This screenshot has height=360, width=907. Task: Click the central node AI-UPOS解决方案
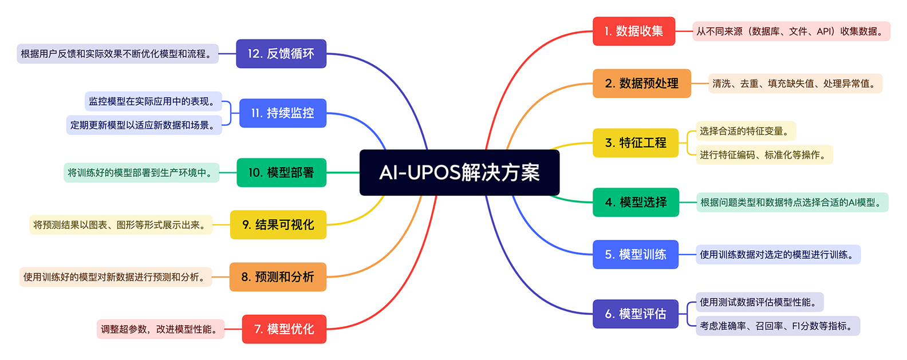point(459,172)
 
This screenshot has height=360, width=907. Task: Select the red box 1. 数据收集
point(634,31)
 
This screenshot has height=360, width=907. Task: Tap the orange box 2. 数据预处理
point(641,84)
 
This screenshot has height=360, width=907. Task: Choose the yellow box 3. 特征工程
point(636,143)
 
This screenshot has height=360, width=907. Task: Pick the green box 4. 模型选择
point(636,202)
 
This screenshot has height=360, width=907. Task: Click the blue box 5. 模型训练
point(636,254)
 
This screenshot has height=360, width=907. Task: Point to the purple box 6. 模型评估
point(636,314)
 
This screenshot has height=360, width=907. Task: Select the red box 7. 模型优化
point(284,329)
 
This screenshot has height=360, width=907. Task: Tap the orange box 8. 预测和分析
point(278,277)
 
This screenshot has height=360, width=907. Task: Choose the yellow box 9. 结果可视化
point(278,224)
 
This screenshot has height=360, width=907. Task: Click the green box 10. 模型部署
point(281,172)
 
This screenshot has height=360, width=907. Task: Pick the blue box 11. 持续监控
point(282,113)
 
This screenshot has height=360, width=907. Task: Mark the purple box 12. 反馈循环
point(281,54)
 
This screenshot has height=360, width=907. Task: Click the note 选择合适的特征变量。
point(746,131)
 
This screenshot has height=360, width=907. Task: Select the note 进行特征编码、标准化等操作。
point(764,155)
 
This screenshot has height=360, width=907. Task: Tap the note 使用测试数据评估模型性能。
point(759,302)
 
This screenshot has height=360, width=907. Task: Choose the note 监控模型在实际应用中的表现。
point(153,101)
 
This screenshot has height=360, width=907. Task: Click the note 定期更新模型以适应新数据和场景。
point(144,125)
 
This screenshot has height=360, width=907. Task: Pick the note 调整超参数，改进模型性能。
point(160,329)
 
